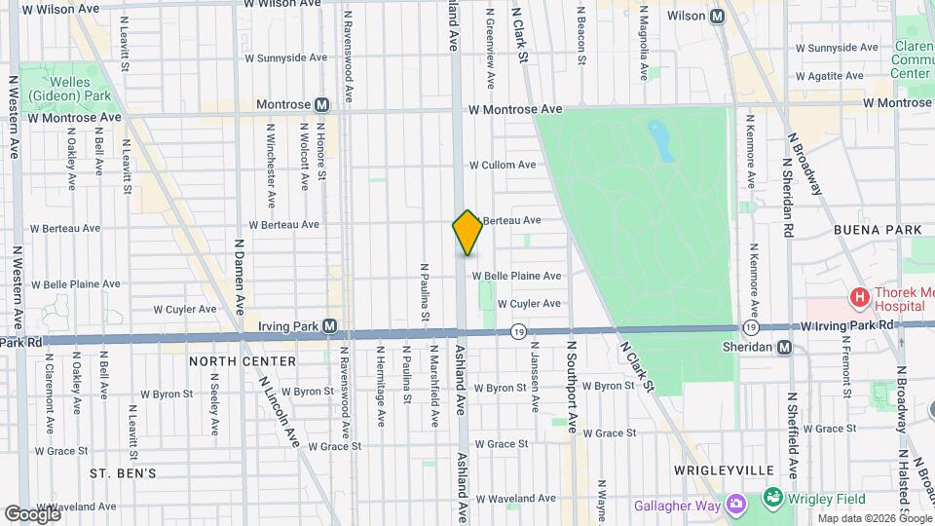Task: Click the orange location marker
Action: tap(467, 233)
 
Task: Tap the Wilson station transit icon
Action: tap(718, 16)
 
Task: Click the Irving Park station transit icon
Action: tap(330, 325)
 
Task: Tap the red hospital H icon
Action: tap(859, 296)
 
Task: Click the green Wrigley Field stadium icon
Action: tap(772, 499)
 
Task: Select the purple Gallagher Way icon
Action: tap(735, 505)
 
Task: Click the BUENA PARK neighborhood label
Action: tap(871, 230)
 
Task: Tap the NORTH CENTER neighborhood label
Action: tap(242, 361)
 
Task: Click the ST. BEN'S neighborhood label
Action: tap(123, 473)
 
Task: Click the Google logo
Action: tap(32, 513)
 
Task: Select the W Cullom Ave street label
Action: tap(503, 166)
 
